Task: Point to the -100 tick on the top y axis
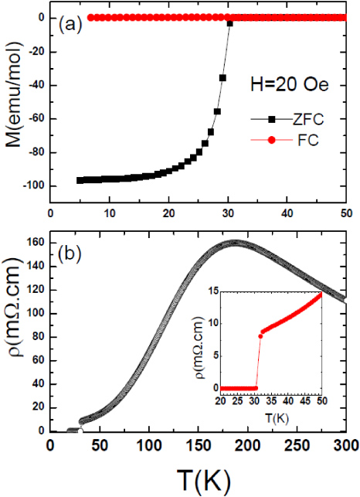pos(34,186)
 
